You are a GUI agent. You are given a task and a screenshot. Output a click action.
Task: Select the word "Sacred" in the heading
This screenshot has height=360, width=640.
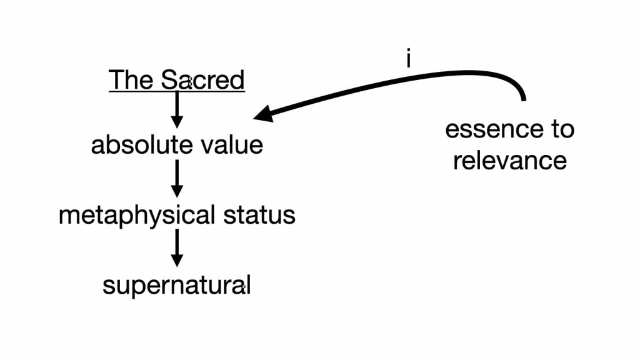203,79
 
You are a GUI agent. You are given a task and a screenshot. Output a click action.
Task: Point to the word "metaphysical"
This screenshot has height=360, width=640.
137,216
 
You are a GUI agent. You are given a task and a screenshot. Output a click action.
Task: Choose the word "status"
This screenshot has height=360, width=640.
259,215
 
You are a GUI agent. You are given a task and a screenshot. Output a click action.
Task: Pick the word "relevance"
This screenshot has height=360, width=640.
510,161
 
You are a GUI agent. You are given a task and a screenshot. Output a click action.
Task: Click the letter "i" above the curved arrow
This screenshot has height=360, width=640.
409,59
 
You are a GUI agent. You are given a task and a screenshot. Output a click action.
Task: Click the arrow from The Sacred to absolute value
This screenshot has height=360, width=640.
177,109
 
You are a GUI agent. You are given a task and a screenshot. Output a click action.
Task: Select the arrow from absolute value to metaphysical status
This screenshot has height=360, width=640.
177,178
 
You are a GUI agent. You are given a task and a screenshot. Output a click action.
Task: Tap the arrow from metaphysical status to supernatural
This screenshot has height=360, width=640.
177,247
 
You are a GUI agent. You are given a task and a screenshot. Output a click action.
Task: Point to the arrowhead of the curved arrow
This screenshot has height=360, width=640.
264,114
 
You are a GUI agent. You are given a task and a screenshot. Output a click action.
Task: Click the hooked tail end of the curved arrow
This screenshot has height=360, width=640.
524,99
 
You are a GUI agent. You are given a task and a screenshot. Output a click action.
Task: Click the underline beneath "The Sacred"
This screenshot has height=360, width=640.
177,92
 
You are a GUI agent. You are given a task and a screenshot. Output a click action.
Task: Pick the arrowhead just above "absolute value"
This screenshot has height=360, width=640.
177,122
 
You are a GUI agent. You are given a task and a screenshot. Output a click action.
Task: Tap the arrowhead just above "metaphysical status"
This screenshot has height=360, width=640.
177,191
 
